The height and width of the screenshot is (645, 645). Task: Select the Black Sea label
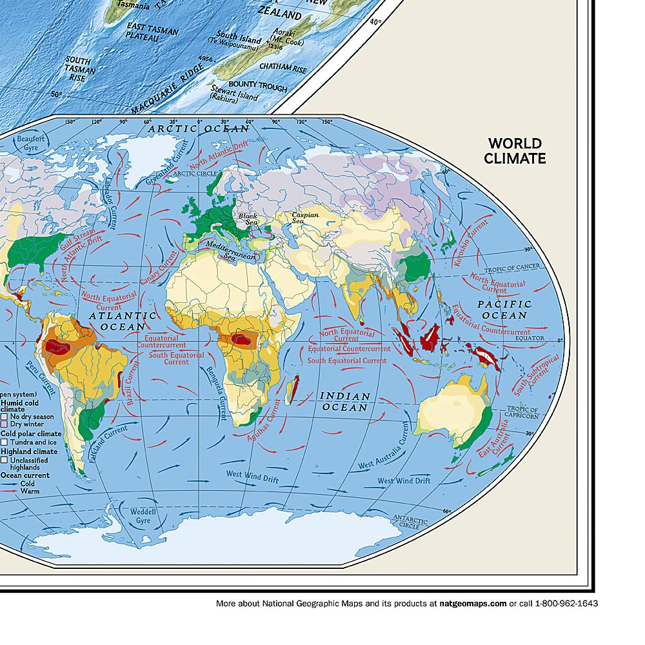(x=248, y=219)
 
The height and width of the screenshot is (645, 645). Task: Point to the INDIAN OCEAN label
(x=345, y=402)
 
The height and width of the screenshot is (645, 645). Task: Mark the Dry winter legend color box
(x=5, y=425)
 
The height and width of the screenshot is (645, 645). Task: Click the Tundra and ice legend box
(x=5, y=442)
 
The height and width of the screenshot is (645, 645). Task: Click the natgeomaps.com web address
(x=473, y=604)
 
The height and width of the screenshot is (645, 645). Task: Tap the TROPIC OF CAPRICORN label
(x=522, y=412)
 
